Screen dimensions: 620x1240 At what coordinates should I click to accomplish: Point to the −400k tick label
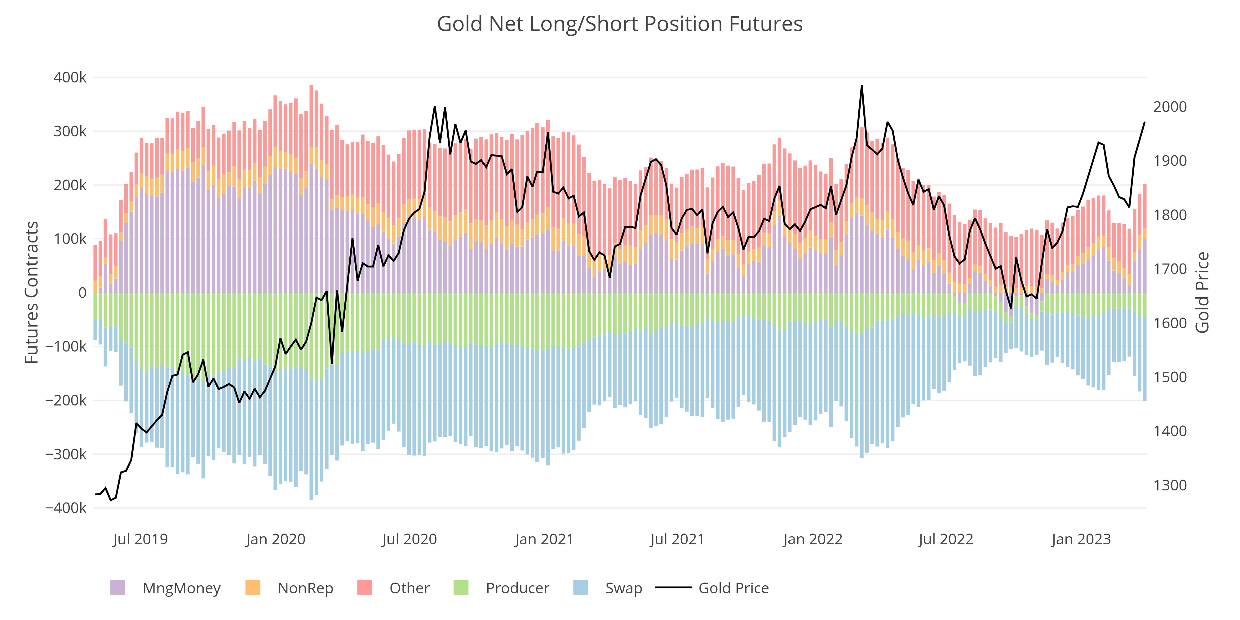pos(66,508)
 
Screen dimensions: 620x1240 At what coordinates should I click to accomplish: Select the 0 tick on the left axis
pos(82,293)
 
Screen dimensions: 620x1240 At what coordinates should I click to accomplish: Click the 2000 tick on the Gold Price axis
pos(1170,107)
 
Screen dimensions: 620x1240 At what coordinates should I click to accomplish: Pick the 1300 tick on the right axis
pos(1170,485)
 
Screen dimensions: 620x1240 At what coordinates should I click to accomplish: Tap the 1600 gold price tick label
pos(1170,323)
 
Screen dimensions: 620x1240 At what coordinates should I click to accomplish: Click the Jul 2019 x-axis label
pos(140,539)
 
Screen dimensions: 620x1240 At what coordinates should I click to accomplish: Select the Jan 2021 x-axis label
pos(544,539)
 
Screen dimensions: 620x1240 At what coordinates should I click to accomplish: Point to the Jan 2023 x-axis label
pos(1081,539)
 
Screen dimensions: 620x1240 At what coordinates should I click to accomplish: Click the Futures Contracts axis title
pos(32,292)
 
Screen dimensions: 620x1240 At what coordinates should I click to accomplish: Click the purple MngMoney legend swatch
pos(118,588)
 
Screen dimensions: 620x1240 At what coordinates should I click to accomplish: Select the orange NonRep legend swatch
pos(253,588)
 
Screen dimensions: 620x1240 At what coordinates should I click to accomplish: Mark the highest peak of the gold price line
pos(862,86)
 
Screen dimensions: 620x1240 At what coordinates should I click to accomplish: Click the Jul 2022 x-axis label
pos(946,539)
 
